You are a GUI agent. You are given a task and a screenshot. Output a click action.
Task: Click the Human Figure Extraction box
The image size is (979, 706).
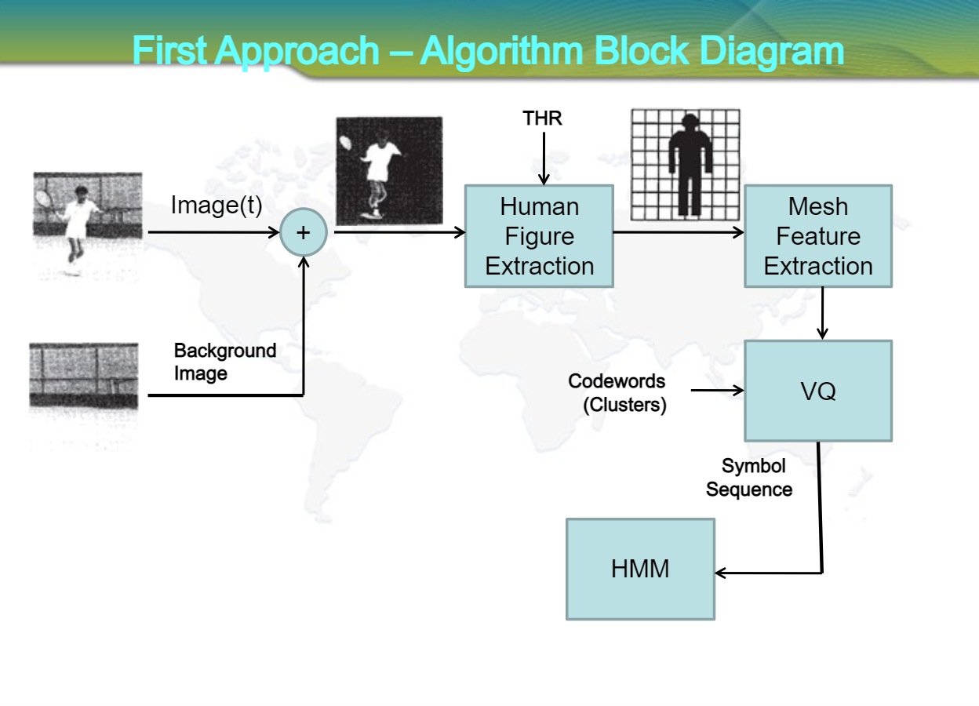point(539,236)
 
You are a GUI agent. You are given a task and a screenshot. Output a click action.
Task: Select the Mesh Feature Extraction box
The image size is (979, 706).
point(817,236)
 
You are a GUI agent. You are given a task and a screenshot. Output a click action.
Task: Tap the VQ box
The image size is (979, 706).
point(817,391)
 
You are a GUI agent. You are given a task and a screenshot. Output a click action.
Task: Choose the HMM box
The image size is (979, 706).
point(640,569)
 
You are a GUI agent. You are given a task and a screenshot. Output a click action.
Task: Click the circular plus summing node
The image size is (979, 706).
point(303,232)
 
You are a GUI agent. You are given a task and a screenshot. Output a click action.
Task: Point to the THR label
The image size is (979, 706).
point(543,118)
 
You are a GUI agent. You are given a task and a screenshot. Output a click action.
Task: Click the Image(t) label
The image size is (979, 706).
point(216,206)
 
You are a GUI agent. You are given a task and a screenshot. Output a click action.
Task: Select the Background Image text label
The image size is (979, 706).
point(224,362)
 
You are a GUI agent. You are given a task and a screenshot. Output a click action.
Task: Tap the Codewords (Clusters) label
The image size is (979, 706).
point(617,393)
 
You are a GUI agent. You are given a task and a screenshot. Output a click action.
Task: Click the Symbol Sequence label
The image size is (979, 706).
point(750,478)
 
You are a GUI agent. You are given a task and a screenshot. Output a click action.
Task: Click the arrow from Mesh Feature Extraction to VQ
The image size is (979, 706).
point(822,313)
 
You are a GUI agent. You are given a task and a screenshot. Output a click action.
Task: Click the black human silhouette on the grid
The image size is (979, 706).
point(689,165)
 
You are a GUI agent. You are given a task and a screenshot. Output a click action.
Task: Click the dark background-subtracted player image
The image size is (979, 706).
point(389,170)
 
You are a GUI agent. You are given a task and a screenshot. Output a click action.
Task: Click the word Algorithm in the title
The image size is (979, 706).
point(500,51)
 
